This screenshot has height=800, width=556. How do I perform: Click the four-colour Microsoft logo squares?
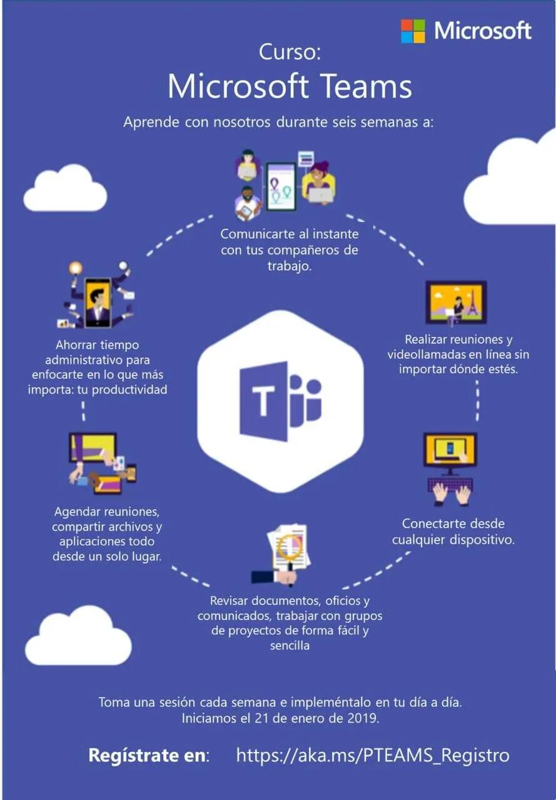pos(413,31)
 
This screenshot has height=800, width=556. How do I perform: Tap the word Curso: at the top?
pos(290,52)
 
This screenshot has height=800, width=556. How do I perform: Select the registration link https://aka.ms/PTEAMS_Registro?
pos(373,755)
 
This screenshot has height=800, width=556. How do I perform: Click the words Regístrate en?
pos(148,755)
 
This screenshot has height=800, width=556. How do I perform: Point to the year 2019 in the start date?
pos(363,718)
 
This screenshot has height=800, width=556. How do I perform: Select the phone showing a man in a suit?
pos(97,302)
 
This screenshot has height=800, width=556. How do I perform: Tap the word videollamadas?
pos(435,354)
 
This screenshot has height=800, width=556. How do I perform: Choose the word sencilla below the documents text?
pos(290,646)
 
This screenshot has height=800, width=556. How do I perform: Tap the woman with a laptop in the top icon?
pos(319,182)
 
